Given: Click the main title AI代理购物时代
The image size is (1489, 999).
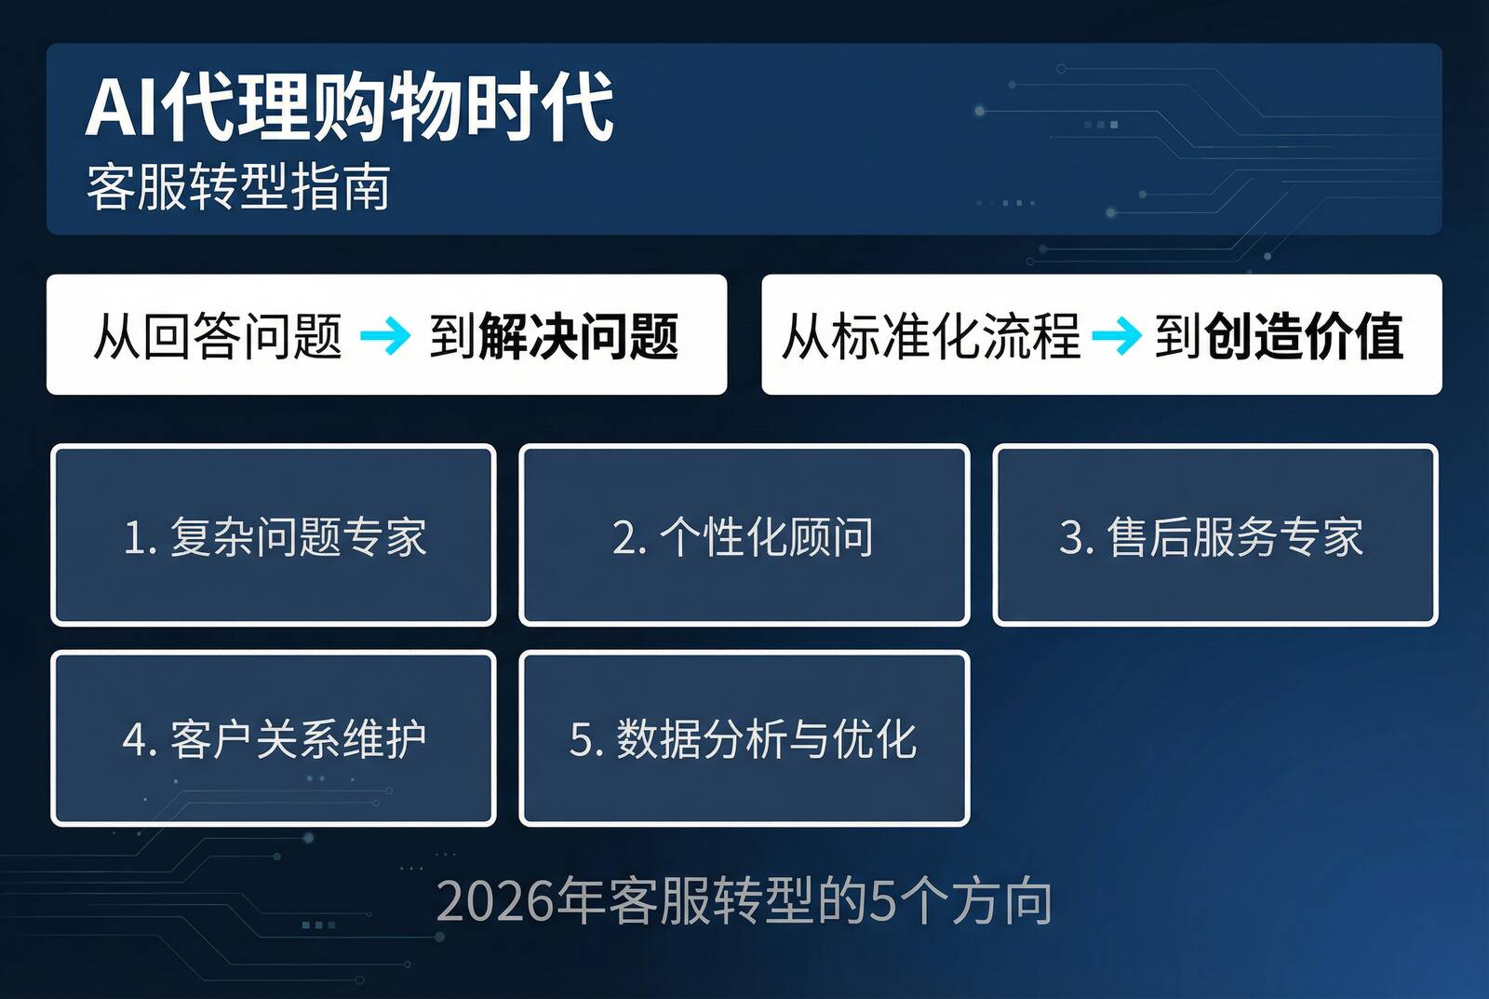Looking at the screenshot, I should (349, 107).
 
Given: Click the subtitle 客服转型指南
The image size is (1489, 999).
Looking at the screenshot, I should (238, 187).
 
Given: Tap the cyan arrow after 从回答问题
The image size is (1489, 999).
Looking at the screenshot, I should (384, 336).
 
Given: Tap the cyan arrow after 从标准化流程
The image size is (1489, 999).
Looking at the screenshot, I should (1116, 336).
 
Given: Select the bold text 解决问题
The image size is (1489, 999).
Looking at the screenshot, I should (578, 336).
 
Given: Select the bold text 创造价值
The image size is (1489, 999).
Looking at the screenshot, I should (1304, 336).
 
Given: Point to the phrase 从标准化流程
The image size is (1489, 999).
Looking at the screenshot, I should (931, 336).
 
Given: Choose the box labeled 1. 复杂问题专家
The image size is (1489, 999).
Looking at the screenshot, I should (274, 535).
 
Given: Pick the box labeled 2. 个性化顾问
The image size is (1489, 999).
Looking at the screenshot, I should (744, 535).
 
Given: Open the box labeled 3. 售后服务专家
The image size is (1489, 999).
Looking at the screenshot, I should (1214, 535).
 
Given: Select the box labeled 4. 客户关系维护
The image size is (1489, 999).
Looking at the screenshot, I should (274, 738).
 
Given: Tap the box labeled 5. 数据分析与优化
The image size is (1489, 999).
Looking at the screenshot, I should (744, 738).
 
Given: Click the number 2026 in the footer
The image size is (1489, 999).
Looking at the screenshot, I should (494, 901).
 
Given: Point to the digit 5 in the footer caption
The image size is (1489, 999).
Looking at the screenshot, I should (882, 901).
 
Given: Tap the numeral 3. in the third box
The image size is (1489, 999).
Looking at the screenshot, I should (1076, 537).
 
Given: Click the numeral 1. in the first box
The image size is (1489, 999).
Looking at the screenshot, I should (141, 537).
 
